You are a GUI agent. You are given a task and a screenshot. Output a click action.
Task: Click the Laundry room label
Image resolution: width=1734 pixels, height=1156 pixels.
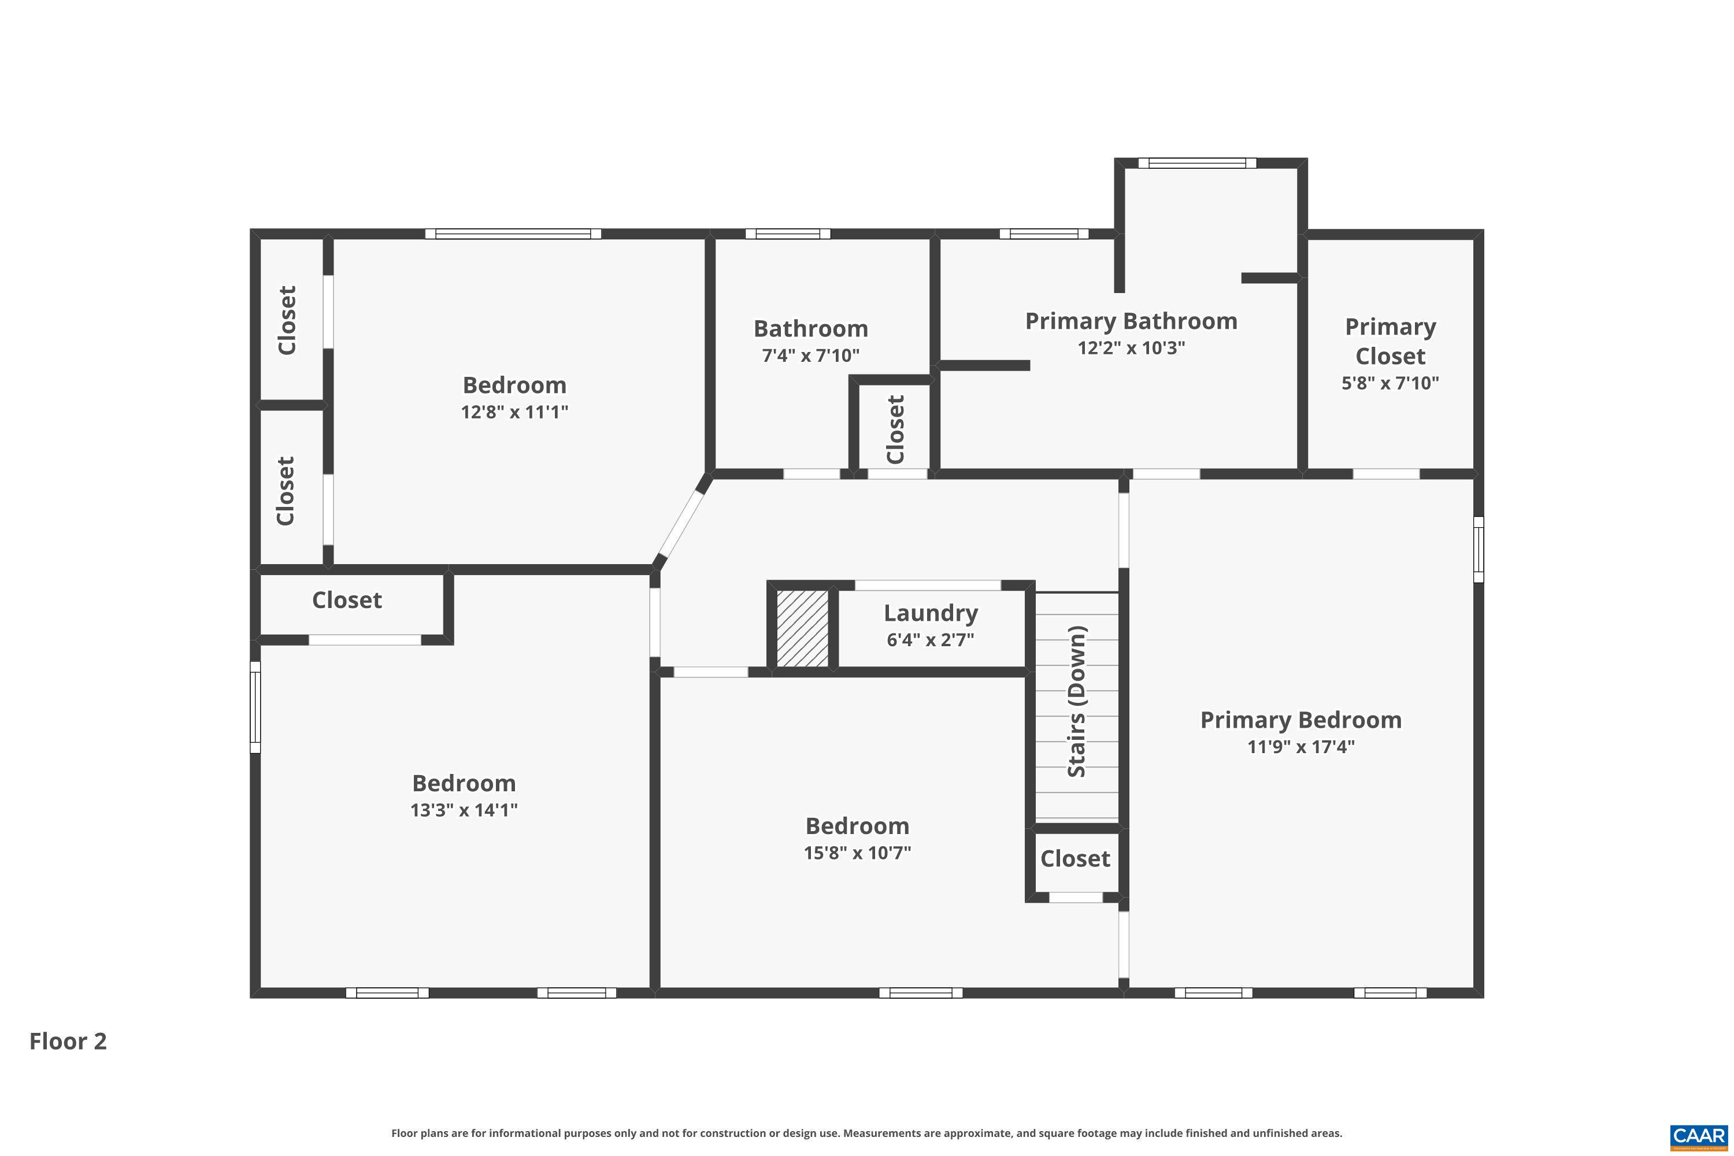tap(931, 613)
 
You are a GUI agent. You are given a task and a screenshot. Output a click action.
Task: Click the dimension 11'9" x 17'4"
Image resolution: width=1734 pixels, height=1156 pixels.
tap(1300, 747)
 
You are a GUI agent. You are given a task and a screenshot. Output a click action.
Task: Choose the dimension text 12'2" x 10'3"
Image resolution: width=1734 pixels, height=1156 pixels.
tap(1131, 348)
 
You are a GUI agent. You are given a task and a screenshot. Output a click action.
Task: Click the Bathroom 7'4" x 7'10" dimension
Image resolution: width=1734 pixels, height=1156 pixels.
tap(810, 356)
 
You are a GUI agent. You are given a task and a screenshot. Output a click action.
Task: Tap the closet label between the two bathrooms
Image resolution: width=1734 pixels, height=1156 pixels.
tap(895, 430)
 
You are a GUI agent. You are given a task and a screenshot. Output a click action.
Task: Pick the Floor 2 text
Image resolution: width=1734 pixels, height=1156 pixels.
tap(68, 1041)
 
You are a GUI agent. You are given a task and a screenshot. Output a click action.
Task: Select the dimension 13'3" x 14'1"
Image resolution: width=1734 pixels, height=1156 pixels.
tap(464, 810)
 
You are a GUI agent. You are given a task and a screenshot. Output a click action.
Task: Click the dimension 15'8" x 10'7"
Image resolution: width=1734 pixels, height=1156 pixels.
tap(857, 853)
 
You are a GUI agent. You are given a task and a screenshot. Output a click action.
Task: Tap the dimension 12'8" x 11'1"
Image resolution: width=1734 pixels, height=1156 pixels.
tap(514, 412)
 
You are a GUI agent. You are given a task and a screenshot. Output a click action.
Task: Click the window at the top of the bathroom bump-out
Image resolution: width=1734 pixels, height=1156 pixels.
tap(1196, 163)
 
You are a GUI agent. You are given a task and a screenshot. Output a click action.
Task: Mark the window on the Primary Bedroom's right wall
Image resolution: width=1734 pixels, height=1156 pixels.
tap(1478, 549)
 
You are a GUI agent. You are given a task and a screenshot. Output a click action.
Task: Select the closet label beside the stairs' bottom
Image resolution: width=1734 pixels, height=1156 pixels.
tap(1075, 859)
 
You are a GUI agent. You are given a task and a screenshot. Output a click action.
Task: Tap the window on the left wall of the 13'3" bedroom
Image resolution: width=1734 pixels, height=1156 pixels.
tap(255, 707)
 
